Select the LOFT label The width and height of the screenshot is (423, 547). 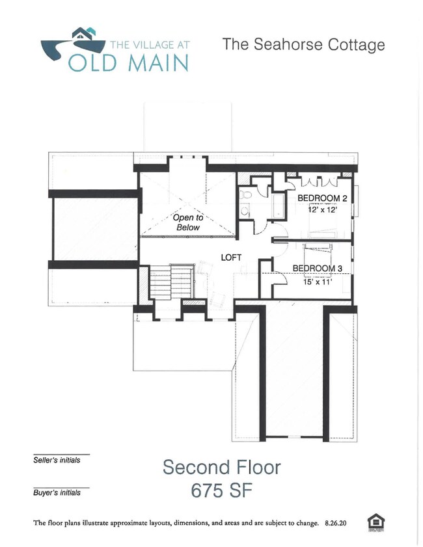tap(231, 258)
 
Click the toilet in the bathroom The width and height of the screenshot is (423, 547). tap(247, 194)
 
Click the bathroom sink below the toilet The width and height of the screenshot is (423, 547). tap(244, 210)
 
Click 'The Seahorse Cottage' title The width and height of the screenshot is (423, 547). tap(303, 45)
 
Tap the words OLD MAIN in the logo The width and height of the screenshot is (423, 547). tap(129, 62)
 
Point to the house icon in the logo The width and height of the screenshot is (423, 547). tap(83, 34)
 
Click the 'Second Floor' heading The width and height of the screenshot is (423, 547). tap(222, 467)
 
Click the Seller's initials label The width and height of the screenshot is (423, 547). tap(57, 460)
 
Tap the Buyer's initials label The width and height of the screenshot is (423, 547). tap(57, 493)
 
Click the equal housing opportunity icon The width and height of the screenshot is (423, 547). tap(375, 522)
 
